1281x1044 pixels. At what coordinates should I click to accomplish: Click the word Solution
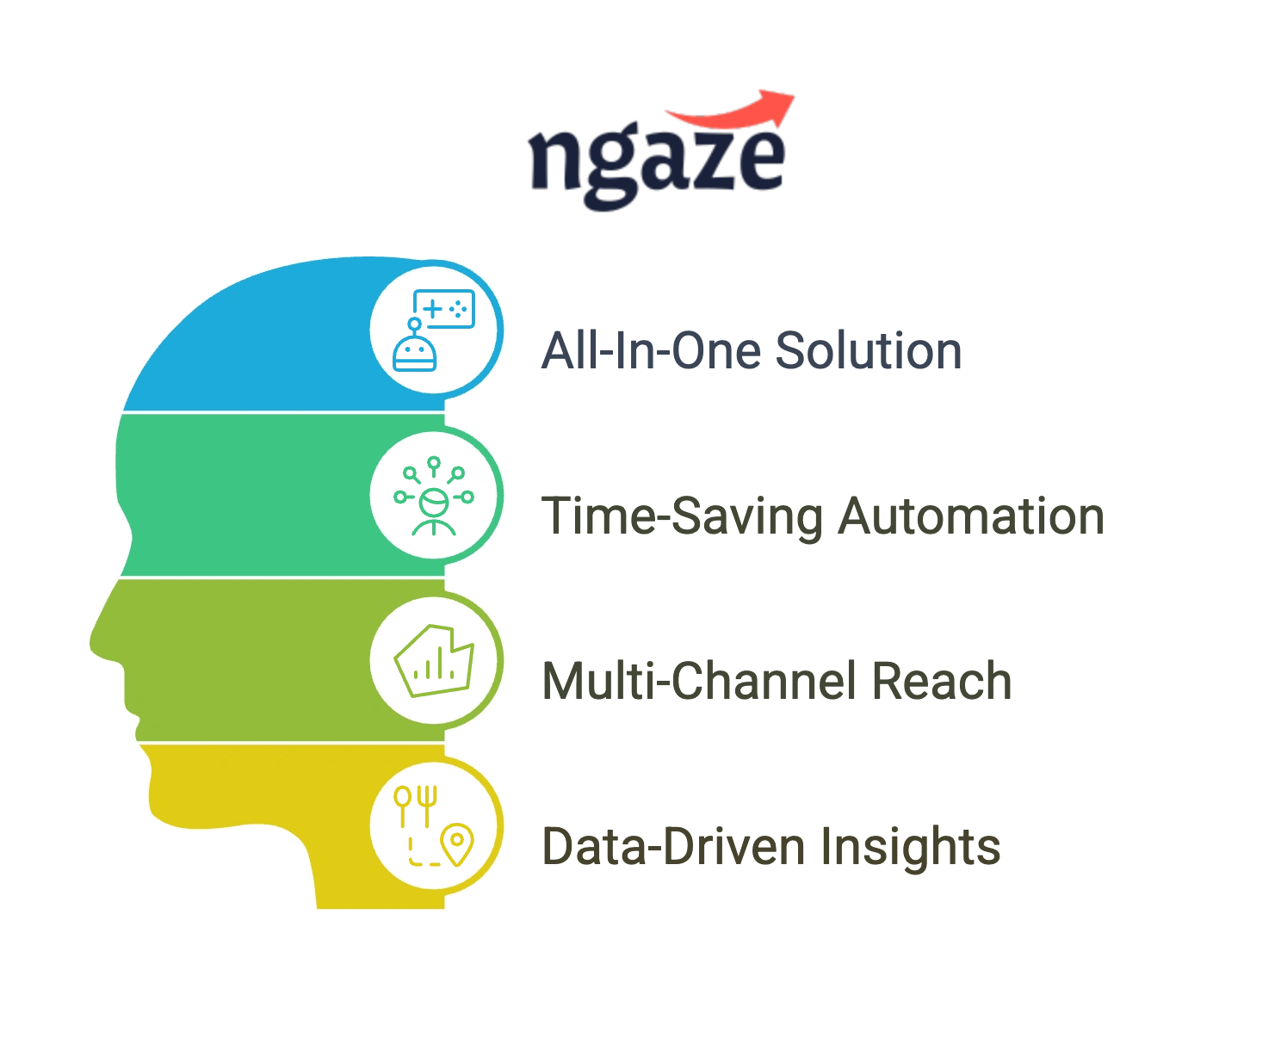(869, 351)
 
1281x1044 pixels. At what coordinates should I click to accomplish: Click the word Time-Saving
(682, 517)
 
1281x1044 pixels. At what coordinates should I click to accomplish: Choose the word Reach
(942, 682)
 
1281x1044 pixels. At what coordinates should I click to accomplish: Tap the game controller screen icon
(444, 308)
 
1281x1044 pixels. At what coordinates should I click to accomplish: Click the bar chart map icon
(434, 661)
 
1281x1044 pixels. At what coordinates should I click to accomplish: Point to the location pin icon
(457, 844)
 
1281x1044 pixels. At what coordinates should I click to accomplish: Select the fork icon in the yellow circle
(428, 806)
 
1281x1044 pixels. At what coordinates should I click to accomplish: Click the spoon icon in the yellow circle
(403, 806)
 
